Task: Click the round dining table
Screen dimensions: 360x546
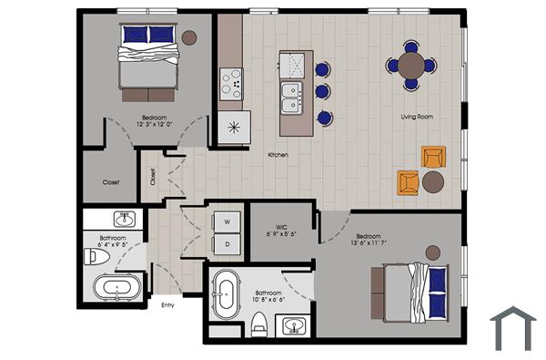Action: click(x=411, y=65)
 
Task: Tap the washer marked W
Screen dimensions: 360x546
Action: click(x=227, y=221)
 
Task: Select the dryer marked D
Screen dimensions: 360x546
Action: click(x=227, y=243)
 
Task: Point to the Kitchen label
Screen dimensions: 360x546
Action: click(x=278, y=155)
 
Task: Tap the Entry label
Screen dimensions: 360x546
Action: click(x=167, y=305)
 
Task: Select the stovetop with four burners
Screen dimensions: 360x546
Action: click(x=231, y=83)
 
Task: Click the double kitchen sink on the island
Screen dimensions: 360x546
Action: click(x=292, y=98)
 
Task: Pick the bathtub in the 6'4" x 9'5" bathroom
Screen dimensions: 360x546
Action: click(x=116, y=290)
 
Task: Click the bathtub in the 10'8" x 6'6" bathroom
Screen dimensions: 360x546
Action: click(x=223, y=295)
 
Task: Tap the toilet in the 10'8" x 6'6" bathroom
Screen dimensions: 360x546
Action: click(x=259, y=321)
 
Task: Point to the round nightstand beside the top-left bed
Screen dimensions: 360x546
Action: click(x=188, y=37)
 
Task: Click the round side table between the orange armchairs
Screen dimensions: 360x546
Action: click(x=432, y=181)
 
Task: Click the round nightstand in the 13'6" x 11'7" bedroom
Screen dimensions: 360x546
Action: click(x=433, y=252)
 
